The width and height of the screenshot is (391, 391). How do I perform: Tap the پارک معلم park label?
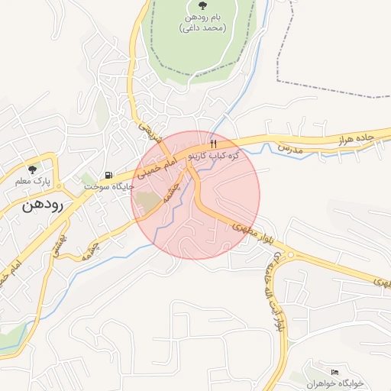(31, 183)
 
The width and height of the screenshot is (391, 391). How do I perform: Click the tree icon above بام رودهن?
(202, 6)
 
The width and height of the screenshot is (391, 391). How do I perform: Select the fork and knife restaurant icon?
(213, 144)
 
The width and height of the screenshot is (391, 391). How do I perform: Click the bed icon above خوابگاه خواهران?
(313, 372)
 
